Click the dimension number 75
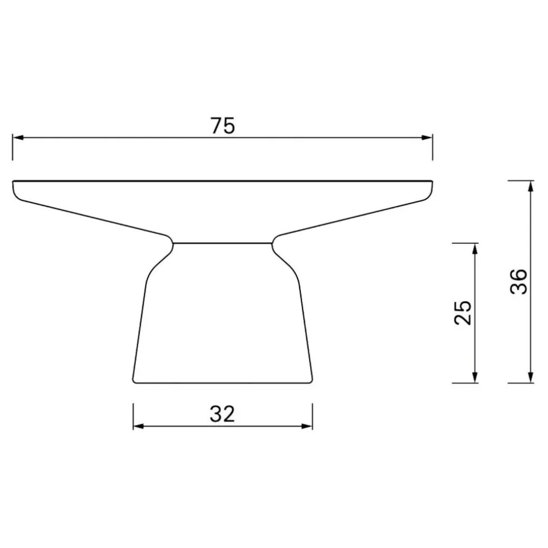coord(223,126)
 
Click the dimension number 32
coord(223,414)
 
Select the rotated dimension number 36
coord(518,282)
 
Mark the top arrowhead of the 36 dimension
coord(530,185)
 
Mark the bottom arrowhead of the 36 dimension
coord(530,378)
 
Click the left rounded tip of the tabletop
coord(15,187)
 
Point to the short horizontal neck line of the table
coord(223,243)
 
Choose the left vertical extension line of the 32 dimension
coord(134,417)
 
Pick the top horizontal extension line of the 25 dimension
coord(465,243)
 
